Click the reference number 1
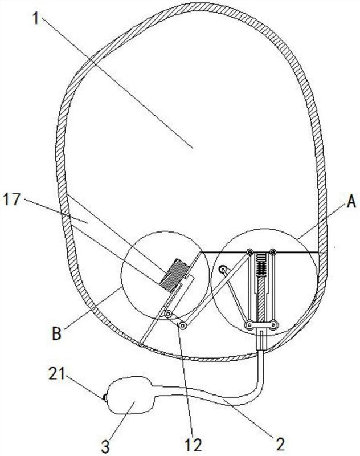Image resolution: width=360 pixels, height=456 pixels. [x=35, y=19]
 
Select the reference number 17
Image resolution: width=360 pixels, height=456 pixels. [x=12, y=200]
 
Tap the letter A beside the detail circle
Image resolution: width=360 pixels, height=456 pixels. [x=351, y=201]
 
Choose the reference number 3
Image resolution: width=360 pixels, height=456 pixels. [x=105, y=446]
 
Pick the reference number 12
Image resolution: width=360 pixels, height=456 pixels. [x=193, y=445]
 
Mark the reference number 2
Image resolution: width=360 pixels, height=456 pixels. [x=280, y=445]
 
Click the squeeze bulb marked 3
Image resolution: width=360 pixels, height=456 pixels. [x=130, y=395]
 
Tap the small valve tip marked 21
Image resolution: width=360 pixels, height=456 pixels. [x=104, y=397]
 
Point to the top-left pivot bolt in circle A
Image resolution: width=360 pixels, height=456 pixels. [x=249, y=251]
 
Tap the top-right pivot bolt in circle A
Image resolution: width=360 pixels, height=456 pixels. [x=272, y=251]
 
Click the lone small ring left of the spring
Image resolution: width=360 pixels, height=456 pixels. [x=223, y=270]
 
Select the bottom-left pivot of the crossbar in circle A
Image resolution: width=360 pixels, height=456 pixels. [x=249, y=324]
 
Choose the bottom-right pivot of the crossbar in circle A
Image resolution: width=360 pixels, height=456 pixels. [x=274, y=324]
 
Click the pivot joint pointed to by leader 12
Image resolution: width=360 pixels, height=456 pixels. [x=183, y=325]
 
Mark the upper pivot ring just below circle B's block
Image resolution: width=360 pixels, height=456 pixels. [x=168, y=314]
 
